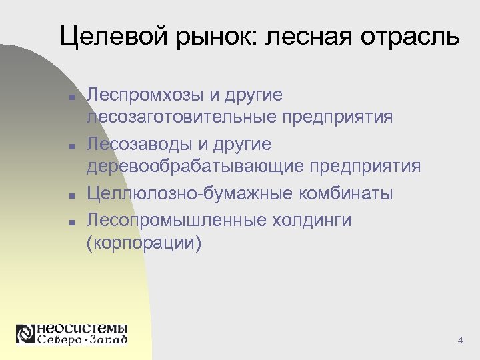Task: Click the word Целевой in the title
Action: pos(107,37)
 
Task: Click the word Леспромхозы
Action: pos(147,95)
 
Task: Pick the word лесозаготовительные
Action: pos(181,117)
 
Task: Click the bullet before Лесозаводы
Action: pos(70,145)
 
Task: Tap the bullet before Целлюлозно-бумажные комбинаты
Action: pos(70,195)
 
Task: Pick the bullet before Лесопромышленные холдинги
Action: pos(70,221)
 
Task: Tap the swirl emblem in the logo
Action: pos(25,334)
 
